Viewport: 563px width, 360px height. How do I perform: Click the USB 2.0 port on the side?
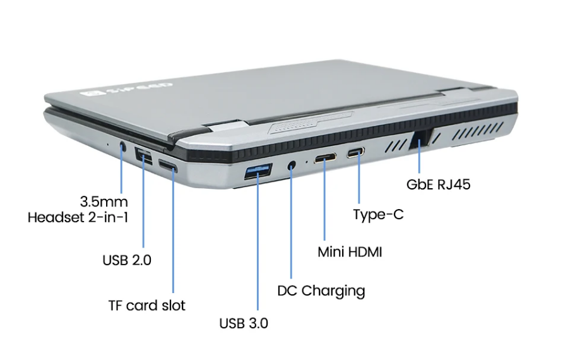coord(144,155)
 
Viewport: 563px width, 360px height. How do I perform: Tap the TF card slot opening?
coord(169,167)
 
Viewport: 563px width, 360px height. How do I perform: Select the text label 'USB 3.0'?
coord(244,323)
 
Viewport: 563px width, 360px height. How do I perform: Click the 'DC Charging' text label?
coord(321,291)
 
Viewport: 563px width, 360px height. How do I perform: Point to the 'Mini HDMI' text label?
coord(350,252)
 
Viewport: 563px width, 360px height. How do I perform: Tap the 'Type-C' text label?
coord(379,215)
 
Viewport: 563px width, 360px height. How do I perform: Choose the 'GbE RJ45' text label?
coord(439,185)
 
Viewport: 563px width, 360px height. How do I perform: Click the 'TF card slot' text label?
coord(147,306)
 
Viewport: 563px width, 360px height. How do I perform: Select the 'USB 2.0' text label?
coord(127,260)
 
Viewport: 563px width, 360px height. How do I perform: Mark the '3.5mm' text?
coord(104,202)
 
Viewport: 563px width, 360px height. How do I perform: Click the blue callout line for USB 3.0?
coord(258,246)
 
